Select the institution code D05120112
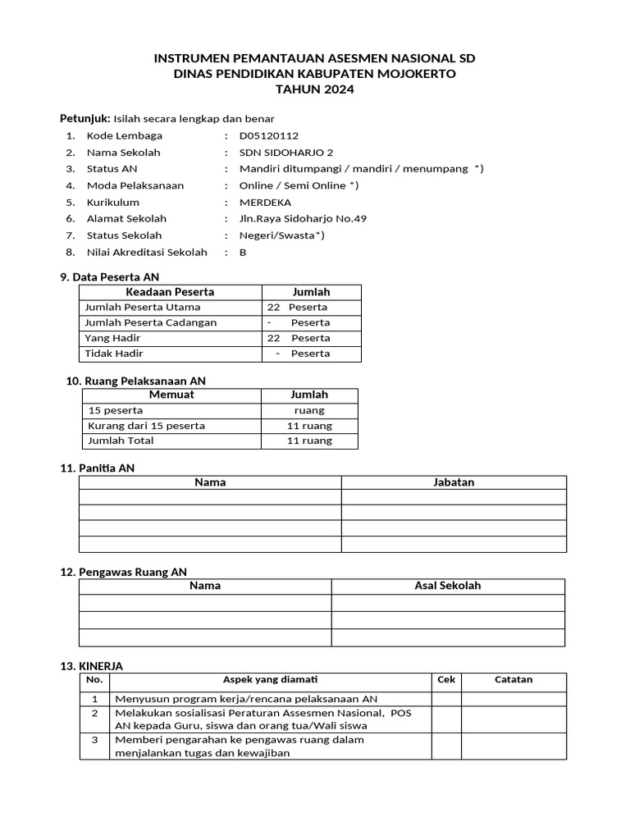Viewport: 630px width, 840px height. pos(269,135)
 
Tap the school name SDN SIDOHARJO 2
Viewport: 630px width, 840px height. pos(275,153)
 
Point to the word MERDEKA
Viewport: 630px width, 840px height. pos(265,203)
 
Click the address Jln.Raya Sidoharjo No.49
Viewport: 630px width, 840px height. pos(303,219)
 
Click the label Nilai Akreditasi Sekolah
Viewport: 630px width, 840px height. pos(147,253)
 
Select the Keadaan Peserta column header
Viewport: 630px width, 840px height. pos(170,292)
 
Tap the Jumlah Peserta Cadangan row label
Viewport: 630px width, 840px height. pos(150,322)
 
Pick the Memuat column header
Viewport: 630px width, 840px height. pos(171,395)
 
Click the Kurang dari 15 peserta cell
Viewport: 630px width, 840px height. pos(146,426)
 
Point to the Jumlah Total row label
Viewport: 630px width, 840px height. pos(121,441)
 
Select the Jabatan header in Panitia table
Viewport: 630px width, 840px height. pos(454,482)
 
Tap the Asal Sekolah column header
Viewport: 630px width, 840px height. pos(448,586)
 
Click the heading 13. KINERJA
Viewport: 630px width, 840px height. pos(92,666)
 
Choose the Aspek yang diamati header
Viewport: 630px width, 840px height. pos(271,680)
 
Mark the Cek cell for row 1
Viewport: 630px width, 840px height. pos(446,699)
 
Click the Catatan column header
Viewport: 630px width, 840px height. pos(514,680)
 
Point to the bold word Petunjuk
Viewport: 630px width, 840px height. pos(84,118)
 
